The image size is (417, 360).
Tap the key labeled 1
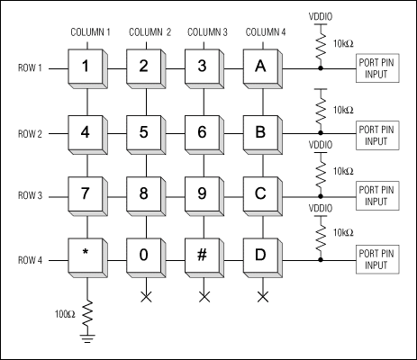pyautogui.click(x=86, y=66)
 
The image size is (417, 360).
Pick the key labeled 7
pyautogui.click(x=86, y=193)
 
